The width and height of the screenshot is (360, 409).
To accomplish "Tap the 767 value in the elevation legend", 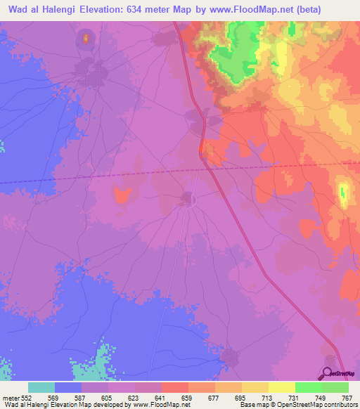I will pyautogui.click(x=347, y=397).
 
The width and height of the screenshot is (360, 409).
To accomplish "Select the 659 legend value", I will pyautogui.click(x=187, y=397).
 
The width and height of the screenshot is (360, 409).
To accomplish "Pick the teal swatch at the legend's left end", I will pyautogui.click(x=41, y=387).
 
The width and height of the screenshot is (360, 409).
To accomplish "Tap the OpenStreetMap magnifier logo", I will pyautogui.click(x=328, y=374).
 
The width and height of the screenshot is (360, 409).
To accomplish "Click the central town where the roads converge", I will pyautogui.click(x=188, y=199).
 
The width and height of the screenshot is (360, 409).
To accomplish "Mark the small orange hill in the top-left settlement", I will pyautogui.click(x=86, y=38).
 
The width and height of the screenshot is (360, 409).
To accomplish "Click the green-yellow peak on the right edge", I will pyautogui.click(x=343, y=193).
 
